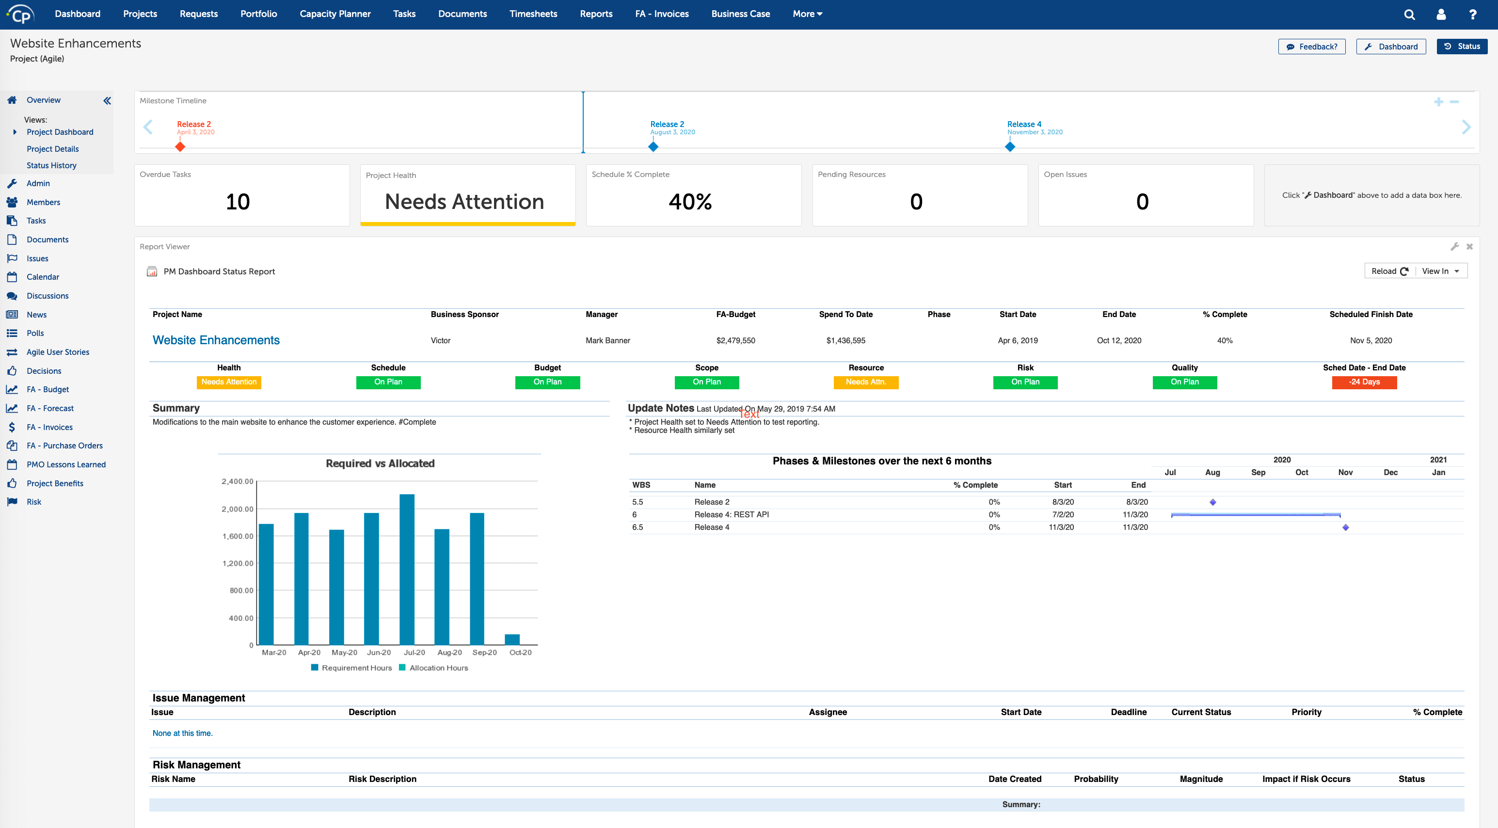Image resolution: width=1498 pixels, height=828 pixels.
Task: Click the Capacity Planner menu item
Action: point(335,14)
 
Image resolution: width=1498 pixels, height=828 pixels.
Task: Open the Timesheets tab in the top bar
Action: point(533,14)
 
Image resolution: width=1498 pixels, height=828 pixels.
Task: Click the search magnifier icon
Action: point(1409,15)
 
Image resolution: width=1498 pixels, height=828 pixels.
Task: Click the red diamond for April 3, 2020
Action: point(180,147)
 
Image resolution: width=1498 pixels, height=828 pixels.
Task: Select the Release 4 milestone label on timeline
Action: point(1023,124)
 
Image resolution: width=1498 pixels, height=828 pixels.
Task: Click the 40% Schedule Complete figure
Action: point(690,202)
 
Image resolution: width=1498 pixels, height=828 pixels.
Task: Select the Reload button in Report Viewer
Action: point(1388,271)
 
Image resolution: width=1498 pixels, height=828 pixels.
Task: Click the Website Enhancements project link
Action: point(216,340)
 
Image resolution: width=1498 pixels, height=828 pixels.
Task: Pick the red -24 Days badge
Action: point(1364,382)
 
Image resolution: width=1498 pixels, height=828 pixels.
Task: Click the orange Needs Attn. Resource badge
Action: point(865,382)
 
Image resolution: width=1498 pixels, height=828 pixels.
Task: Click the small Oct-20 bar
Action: point(512,639)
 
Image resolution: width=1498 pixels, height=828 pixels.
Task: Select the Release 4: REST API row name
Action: point(731,515)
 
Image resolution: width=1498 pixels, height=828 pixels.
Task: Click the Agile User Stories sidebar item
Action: point(58,352)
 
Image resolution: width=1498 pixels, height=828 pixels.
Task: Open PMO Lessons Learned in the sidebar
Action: point(66,464)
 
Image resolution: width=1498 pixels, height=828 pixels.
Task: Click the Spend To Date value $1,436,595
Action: point(845,341)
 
